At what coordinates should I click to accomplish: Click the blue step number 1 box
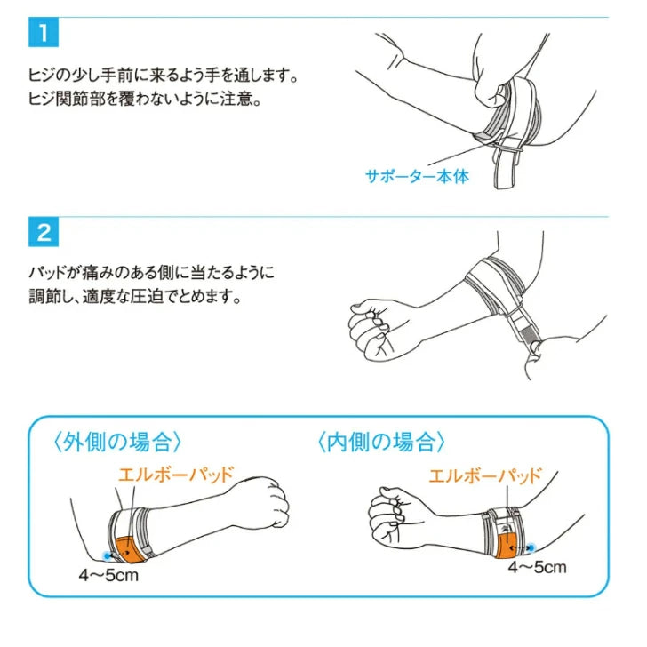pos(44,32)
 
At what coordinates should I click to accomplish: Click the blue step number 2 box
pos(44,232)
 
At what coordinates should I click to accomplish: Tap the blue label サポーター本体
pos(417,176)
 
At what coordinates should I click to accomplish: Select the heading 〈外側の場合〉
pos(117,442)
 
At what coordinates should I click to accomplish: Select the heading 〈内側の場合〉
pos(381,442)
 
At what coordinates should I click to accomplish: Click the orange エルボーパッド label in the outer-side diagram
pos(176,475)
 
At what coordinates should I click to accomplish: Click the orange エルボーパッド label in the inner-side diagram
pos(485,475)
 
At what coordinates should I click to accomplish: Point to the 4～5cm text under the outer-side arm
pos(108,575)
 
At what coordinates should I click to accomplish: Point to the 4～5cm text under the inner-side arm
pos(537,567)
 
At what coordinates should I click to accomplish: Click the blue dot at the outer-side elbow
pos(108,556)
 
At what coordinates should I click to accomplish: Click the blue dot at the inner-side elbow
pos(531,548)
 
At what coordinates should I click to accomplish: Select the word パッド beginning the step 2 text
pos(48,272)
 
